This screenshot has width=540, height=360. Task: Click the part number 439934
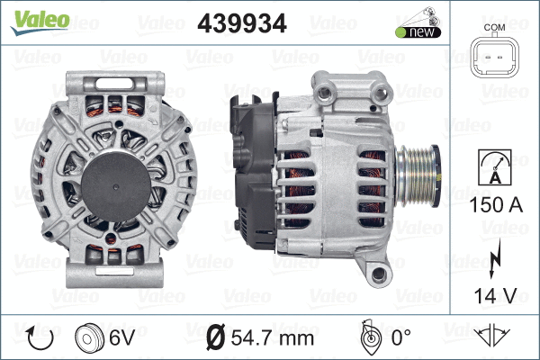241,24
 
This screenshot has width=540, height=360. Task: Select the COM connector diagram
494,59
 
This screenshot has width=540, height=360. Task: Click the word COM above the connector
494,28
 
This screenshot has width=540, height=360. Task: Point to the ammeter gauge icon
494,167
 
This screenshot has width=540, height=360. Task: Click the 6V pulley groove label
122,338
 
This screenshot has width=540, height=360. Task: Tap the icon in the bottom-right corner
494,337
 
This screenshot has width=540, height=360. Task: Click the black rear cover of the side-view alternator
250,171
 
